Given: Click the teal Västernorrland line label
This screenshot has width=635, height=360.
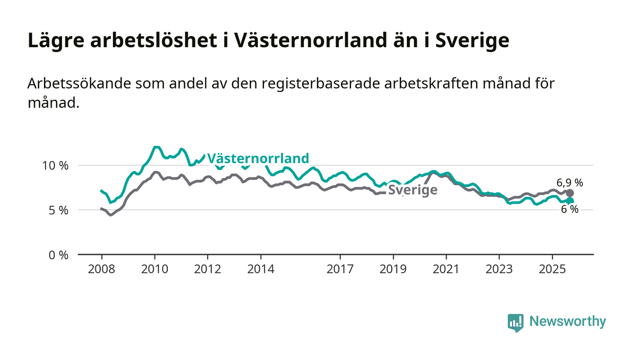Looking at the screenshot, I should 258,158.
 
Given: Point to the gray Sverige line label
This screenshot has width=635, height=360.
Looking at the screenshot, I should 413,190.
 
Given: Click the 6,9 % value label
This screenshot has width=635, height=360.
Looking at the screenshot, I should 569,183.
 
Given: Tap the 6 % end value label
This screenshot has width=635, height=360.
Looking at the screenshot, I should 570,209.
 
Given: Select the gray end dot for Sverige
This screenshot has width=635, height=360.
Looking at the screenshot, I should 570,193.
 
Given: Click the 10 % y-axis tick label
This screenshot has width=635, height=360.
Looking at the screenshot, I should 55,165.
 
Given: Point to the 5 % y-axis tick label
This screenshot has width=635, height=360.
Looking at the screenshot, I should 59,210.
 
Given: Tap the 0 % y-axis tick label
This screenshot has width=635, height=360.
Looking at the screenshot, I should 59,255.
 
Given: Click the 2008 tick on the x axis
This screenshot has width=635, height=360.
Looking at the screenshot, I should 102,269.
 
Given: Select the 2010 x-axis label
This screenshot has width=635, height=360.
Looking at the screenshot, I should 155,269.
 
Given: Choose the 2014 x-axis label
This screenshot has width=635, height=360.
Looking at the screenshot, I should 261,269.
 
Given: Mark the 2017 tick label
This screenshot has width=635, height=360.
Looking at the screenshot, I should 340,269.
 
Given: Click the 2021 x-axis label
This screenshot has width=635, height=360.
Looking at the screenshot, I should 446,269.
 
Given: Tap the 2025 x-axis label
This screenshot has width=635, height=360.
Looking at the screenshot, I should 552,269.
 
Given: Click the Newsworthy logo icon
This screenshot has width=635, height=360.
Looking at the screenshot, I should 515,322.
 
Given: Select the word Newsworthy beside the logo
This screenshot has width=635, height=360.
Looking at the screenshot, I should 567,321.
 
